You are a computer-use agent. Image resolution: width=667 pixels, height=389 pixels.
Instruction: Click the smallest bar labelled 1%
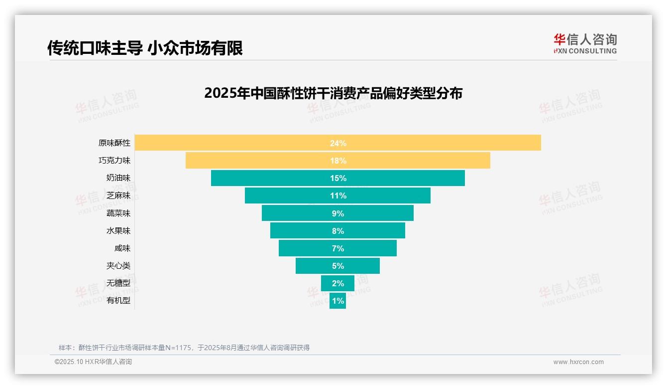coord(337,301)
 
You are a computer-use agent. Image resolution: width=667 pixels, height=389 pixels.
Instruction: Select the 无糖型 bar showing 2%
coord(337,283)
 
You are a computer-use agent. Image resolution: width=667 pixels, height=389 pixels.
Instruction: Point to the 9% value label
coord(337,213)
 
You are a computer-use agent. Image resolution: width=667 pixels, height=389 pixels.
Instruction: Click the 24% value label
coord(337,143)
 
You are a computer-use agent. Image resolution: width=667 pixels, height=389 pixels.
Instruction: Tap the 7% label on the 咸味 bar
coord(337,248)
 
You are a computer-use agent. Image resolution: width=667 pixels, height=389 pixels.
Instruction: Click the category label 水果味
coord(118,231)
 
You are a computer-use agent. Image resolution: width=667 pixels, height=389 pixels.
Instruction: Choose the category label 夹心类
coord(118,266)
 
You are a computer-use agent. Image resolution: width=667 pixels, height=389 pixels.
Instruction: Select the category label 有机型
coord(118,301)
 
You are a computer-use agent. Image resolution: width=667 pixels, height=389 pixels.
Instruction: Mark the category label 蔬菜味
coord(118,213)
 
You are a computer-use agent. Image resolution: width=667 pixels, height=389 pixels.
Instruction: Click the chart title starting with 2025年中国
coord(333,93)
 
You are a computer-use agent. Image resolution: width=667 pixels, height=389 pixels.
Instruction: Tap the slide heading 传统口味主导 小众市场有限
coord(145,48)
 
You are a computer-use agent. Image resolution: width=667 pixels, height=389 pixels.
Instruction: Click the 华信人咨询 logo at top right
coord(585,43)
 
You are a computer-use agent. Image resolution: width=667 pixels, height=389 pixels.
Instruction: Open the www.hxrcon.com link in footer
coord(578,362)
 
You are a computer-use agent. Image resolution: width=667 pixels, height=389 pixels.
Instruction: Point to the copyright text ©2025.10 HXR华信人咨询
coord(93,362)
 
